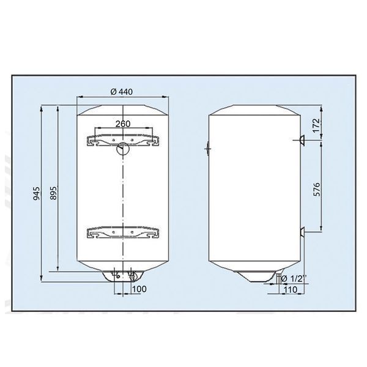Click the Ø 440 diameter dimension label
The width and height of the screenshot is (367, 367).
tap(122, 92)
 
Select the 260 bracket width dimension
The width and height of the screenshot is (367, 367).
tap(123, 124)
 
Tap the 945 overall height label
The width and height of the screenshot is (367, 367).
tap(37, 193)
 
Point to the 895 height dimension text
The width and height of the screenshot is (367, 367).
tap(54, 193)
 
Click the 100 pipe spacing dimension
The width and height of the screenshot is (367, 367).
tap(139, 289)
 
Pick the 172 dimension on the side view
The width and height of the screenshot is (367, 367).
tap(316, 125)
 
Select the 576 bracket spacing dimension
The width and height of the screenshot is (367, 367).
tap(316, 189)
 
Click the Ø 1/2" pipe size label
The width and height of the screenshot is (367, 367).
tap(294, 278)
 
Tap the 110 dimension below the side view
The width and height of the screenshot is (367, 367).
tap(290, 290)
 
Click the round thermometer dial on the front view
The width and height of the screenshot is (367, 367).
tap(122, 149)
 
